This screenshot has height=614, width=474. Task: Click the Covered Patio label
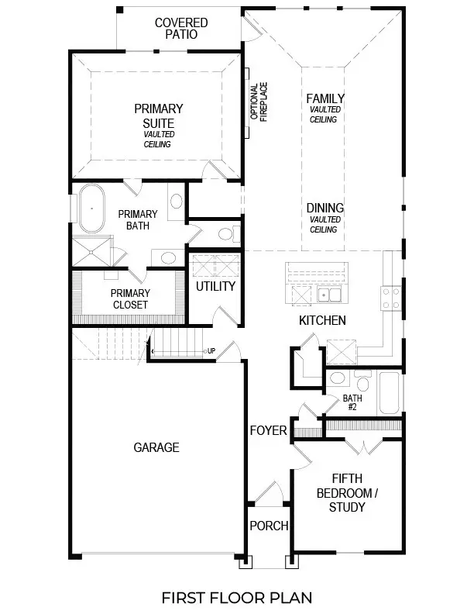[180, 29]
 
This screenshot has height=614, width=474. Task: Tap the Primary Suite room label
[158, 116]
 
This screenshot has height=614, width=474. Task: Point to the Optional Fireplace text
[257, 102]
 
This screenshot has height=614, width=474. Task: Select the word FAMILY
[325, 98]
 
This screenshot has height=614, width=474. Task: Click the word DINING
[325, 209]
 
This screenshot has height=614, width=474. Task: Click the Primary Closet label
[129, 298]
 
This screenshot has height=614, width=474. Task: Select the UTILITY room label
[215, 286]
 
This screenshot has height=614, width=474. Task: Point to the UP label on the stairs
[211, 351]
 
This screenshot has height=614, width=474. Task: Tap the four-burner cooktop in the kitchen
[390, 298]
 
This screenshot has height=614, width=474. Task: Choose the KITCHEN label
[322, 320]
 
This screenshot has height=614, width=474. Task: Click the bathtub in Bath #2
[388, 393]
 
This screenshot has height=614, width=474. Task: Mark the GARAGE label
[156, 447]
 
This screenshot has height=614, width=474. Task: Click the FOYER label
[268, 430]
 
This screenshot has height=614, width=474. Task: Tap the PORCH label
[268, 526]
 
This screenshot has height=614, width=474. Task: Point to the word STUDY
[347, 507]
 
